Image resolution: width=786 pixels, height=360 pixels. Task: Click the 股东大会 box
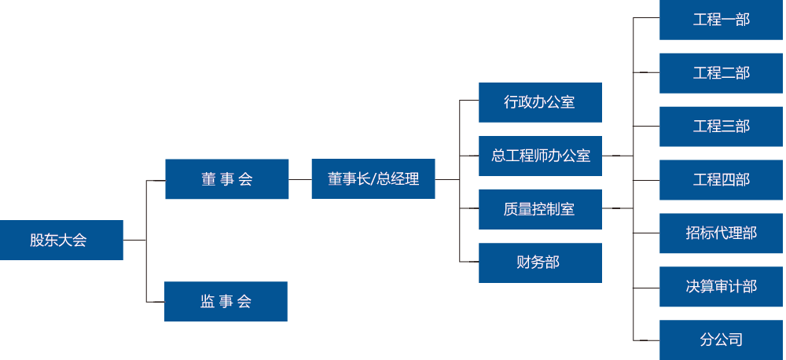coord(61,240)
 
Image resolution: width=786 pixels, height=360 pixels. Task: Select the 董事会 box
coord(226,179)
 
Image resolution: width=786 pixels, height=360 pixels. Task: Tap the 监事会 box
coord(226,301)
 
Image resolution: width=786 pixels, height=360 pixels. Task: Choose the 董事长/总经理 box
coord(373,179)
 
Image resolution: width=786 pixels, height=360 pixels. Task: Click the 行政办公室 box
coord(540,102)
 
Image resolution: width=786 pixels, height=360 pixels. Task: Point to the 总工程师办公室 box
coord(540,156)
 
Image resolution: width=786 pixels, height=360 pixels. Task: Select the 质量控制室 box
coord(540,209)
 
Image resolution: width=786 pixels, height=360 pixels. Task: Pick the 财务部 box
coord(540,263)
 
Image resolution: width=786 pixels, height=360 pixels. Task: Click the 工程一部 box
coord(721,20)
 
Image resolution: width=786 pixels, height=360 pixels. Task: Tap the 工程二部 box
coord(721,73)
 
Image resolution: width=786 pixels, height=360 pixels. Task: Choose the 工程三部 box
coord(721,127)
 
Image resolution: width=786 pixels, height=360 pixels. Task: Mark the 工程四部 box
coord(721,180)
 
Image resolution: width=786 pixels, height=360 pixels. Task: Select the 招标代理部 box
coord(721,233)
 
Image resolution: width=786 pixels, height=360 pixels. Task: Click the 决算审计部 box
coord(721,287)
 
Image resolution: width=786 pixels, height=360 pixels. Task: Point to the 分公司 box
coord(721,340)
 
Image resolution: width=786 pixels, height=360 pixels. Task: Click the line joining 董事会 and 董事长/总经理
coord(300,179)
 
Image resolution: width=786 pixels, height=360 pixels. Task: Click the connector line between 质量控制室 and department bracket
coord(617,208)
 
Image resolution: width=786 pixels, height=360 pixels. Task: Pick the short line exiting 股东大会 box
coord(134,240)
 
